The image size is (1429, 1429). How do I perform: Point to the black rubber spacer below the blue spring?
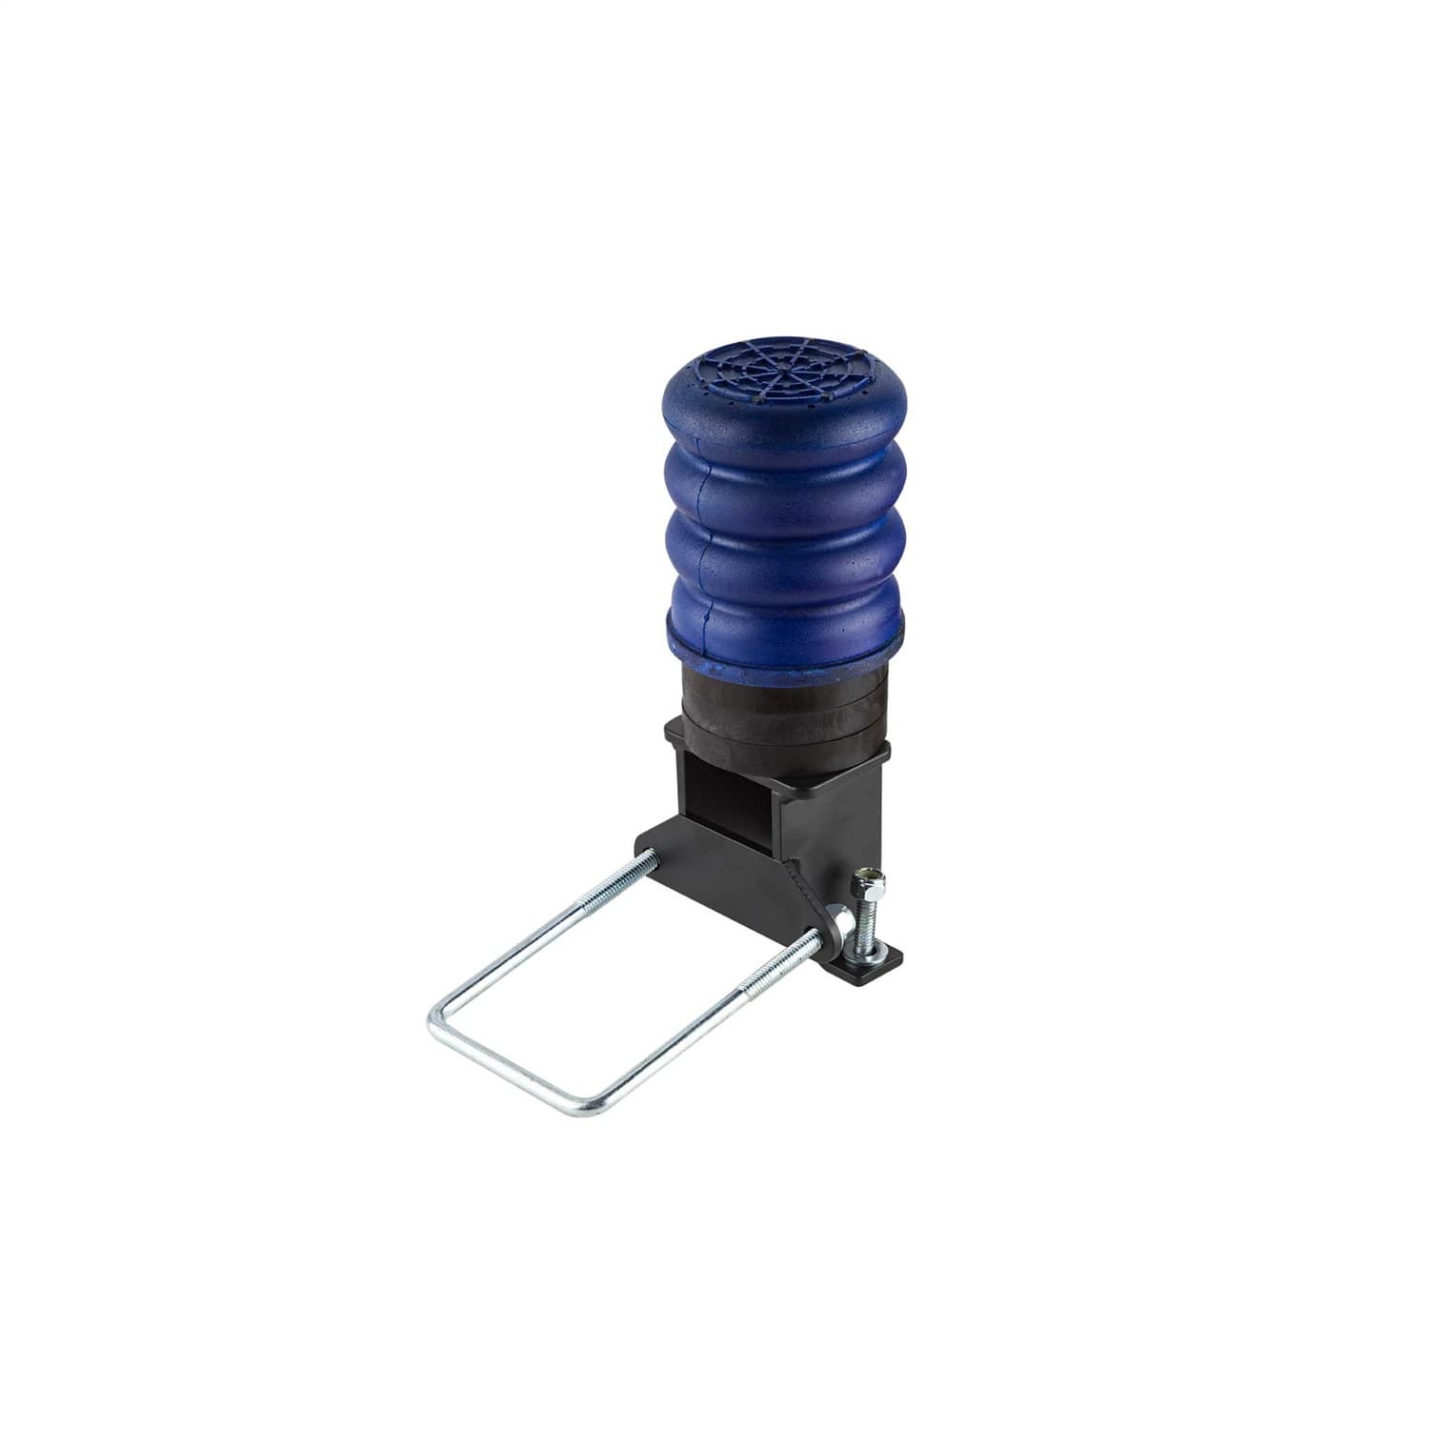click(781, 705)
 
